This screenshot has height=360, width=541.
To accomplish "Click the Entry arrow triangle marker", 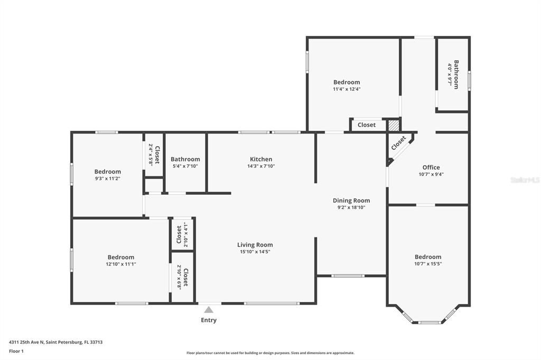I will pyautogui.click(x=209, y=310).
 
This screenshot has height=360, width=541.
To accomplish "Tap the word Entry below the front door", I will pyautogui.click(x=209, y=320).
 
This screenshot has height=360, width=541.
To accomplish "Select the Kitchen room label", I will pyautogui.click(x=261, y=159).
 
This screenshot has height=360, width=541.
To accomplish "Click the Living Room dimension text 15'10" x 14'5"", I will pyautogui.click(x=255, y=252).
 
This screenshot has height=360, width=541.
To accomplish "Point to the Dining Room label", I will pyautogui.click(x=351, y=201).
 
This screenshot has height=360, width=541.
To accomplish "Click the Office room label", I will pyautogui.click(x=431, y=167).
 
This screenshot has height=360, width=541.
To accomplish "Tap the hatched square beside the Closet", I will pyautogui.click(x=393, y=126).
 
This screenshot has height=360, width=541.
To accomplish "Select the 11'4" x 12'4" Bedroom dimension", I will pyautogui.click(x=347, y=89).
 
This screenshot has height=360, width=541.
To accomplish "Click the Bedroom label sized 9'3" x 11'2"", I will pyautogui.click(x=108, y=172).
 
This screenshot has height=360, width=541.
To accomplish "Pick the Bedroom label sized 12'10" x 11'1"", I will pyautogui.click(x=121, y=257).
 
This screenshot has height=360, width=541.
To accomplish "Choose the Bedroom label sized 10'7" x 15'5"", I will pyautogui.click(x=428, y=257).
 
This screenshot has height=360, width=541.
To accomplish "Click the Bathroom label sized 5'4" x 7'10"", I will pyautogui.click(x=185, y=159).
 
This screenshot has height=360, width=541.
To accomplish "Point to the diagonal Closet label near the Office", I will pyautogui.click(x=399, y=142).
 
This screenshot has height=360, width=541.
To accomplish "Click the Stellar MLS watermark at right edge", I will pyautogui.click(x=525, y=180).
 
